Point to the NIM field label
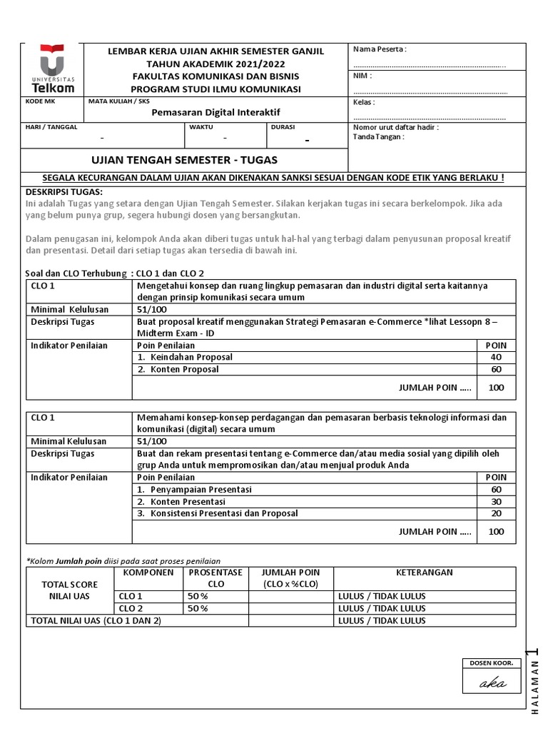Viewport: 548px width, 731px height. coord(362,76)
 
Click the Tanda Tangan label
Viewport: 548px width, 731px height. coord(379,137)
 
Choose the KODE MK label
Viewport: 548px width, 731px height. coord(39,101)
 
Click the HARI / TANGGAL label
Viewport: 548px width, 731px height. coord(51,127)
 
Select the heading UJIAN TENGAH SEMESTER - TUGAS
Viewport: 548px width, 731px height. coord(186,159)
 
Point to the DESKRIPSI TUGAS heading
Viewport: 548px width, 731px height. coord(64,192)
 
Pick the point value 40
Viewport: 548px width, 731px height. coord(496,357)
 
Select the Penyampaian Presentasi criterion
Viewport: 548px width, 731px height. coord(198,489)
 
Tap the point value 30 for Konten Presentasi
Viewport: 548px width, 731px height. coord(496,501)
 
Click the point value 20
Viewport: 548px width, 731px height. coord(496,513)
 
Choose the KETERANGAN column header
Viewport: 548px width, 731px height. coord(425,573)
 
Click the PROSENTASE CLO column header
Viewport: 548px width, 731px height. coord(215,578)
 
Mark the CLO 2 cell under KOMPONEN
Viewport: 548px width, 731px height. coord(131,608)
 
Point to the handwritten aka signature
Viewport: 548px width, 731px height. coord(492,683)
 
